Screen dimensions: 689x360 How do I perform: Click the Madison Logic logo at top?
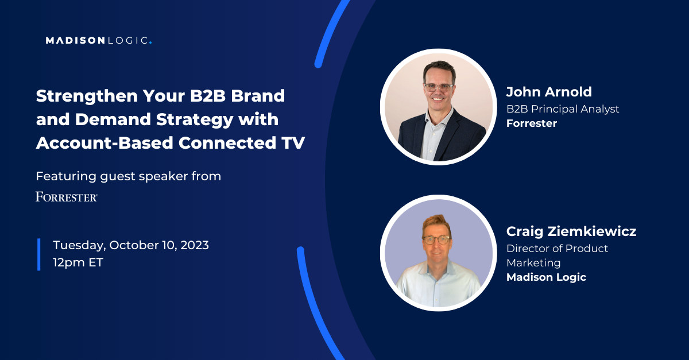point(99,40)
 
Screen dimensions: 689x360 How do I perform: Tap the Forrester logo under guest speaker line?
point(67,196)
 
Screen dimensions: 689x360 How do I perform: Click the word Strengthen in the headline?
point(87,96)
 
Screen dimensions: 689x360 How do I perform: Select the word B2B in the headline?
point(208,95)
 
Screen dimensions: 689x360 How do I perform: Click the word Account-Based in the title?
point(104,143)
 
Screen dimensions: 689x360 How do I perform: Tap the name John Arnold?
point(549,92)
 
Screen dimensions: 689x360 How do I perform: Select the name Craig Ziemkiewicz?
point(571,231)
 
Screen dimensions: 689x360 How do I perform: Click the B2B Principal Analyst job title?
point(563,109)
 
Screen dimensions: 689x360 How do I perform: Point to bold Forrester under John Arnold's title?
point(532,123)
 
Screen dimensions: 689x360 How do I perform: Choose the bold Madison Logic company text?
point(546,277)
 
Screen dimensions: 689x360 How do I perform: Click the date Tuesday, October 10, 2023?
point(131,246)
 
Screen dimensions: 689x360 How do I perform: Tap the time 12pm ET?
point(78,262)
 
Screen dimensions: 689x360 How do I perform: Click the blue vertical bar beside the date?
point(39,254)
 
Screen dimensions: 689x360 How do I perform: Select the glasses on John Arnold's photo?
point(439,87)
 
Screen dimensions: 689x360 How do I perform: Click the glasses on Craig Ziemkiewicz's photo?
point(437,239)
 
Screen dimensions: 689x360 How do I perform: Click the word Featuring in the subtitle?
point(65,177)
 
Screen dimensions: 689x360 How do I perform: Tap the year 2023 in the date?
point(195,245)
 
